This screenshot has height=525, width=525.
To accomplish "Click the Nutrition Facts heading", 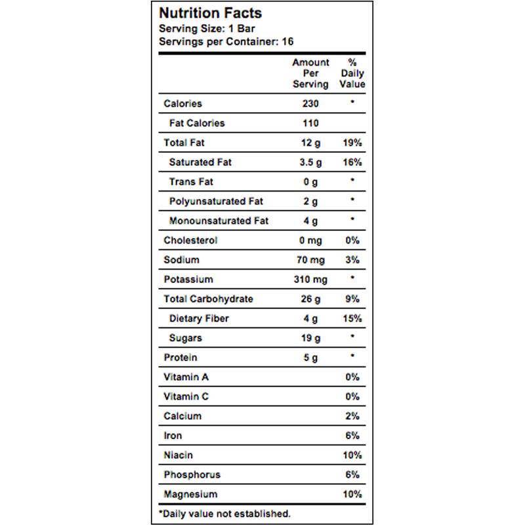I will tap(211, 13).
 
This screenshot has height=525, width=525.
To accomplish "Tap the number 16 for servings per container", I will tap(287, 41).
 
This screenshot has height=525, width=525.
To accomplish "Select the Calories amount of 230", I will tap(310, 104).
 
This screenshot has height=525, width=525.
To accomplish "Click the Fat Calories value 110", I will tap(310, 123).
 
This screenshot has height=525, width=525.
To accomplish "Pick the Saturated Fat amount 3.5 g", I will tap(310, 162).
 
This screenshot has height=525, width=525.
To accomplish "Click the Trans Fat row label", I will tap(191, 182).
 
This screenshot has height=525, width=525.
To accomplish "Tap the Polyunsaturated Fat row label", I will tap(216, 201).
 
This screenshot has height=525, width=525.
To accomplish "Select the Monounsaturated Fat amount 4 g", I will tap(310, 220).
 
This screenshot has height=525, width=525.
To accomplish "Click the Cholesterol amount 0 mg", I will tap(310, 240).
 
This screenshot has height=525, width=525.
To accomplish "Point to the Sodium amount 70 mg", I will tap(310, 260).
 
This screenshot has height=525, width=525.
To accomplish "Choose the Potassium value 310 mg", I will tap(310, 280).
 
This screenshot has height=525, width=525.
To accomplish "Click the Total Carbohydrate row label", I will tap(208, 299).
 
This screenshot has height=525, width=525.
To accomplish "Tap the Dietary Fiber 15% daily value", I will tap(352, 319).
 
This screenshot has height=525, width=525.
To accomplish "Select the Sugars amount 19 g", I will tap(310, 338).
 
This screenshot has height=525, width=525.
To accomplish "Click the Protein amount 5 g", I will tap(310, 358).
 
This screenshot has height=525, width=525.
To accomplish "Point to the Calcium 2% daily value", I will tap(352, 416).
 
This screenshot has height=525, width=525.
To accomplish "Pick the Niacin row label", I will tap(178, 455).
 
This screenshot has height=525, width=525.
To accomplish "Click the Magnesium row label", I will tap(190, 494).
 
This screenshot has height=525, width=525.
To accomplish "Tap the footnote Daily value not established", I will tap(224, 513).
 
